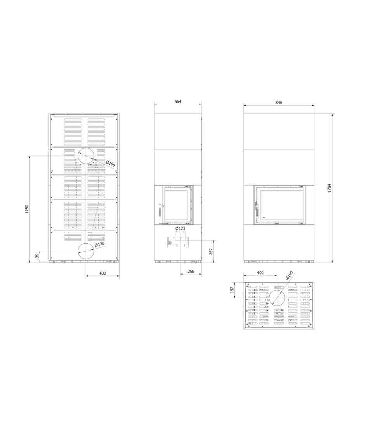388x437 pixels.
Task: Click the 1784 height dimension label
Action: (x=329, y=188)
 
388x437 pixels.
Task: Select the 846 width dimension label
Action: (x=279, y=103)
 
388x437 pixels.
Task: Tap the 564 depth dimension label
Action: (x=178, y=101)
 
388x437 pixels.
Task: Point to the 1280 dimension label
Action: (x=27, y=209)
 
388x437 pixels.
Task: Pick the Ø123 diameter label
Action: (x=180, y=228)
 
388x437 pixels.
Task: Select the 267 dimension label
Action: (x=211, y=251)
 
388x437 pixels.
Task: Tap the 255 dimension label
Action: (x=191, y=271)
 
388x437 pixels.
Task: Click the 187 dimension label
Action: (x=232, y=290)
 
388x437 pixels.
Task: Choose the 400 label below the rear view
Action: (x=102, y=273)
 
